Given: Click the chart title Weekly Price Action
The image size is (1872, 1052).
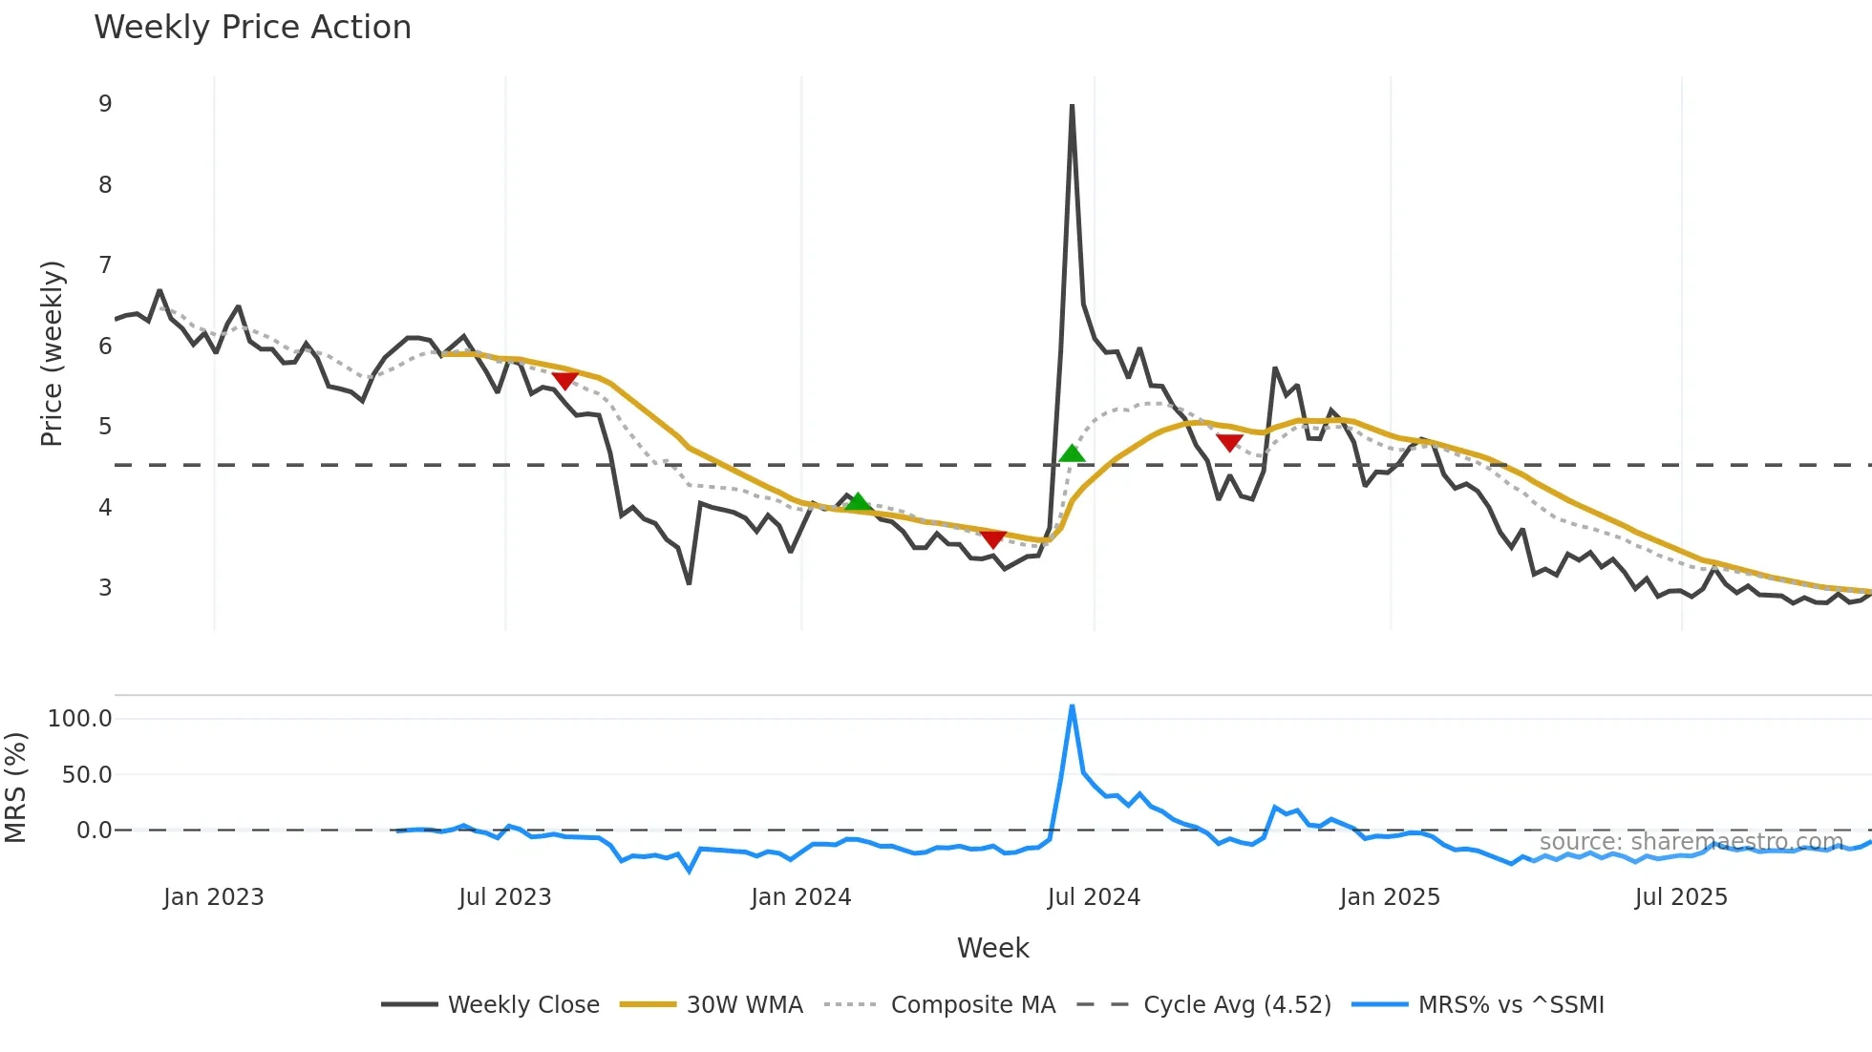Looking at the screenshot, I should point(252,28).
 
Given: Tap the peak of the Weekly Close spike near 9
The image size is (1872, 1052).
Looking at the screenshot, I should point(1072,106).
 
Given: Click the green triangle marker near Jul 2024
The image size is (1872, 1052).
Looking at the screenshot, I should point(1072,453).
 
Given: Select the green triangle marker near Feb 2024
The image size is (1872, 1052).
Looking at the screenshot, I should point(858,502).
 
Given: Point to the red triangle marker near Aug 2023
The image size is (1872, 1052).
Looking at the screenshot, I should point(564,380).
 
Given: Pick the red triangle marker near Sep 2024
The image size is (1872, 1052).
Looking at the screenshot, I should point(1229,442).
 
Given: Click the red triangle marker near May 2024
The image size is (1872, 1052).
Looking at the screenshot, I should point(992,538).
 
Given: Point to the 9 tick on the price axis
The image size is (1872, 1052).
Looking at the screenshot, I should point(105,104).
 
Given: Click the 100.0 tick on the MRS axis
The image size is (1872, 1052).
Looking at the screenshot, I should point(80,719).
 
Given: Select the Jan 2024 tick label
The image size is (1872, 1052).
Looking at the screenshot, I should point(800,897).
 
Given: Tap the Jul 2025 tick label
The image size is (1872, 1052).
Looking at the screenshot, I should point(1681,897).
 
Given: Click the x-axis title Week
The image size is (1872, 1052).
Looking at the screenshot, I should point(992,948).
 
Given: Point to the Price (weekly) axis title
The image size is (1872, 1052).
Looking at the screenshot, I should point(52,353).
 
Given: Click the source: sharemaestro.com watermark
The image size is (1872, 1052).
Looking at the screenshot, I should point(1691,842).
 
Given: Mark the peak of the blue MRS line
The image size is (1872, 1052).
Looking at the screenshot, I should point(1072,706).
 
